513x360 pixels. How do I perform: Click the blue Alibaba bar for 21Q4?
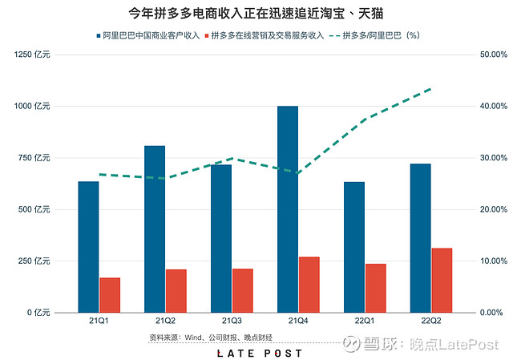(x=288, y=209)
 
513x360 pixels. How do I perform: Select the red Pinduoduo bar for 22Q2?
(x=442, y=281)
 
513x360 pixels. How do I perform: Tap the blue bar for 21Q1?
(x=88, y=247)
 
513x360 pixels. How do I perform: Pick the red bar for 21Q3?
(x=243, y=290)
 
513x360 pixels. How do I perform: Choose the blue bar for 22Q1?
(x=354, y=248)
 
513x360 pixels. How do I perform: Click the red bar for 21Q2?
(x=176, y=291)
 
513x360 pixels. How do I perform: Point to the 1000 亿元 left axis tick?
(x=32, y=106)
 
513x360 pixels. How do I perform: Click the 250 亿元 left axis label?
(x=34, y=261)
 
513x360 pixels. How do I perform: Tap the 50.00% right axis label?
(x=494, y=55)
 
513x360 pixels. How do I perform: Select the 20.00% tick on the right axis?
(x=494, y=209)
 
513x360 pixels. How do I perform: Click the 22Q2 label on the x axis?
(x=431, y=321)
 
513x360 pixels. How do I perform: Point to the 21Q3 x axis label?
(x=232, y=321)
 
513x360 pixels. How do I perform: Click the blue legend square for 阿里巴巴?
(x=98, y=35)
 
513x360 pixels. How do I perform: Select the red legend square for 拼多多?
(x=207, y=35)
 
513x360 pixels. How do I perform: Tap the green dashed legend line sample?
(x=334, y=35)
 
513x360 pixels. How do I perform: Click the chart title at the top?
(x=256, y=14)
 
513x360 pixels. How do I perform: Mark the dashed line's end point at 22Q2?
(x=431, y=89)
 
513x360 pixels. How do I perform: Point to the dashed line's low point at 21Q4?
(x=297, y=173)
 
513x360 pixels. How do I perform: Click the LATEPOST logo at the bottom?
(x=260, y=354)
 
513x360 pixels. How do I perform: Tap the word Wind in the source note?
(x=192, y=338)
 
